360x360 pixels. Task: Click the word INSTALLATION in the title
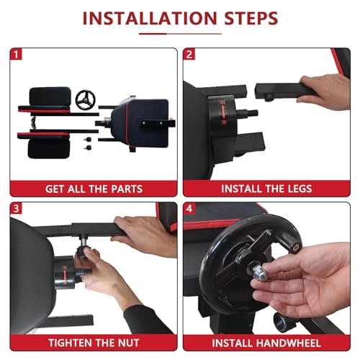click(x=150, y=18)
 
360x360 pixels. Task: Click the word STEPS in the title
click(x=251, y=18)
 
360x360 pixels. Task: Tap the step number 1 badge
click(x=16, y=54)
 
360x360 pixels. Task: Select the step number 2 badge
click(x=189, y=54)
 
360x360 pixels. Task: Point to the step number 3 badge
click(x=16, y=208)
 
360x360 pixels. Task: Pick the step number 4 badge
click(x=189, y=208)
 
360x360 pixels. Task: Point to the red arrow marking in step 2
click(x=223, y=112)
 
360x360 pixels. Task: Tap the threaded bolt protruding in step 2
click(x=248, y=112)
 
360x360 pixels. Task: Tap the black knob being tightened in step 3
click(x=83, y=252)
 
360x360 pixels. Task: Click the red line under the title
click(x=180, y=34)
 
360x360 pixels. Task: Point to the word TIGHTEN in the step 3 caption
click(x=66, y=343)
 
